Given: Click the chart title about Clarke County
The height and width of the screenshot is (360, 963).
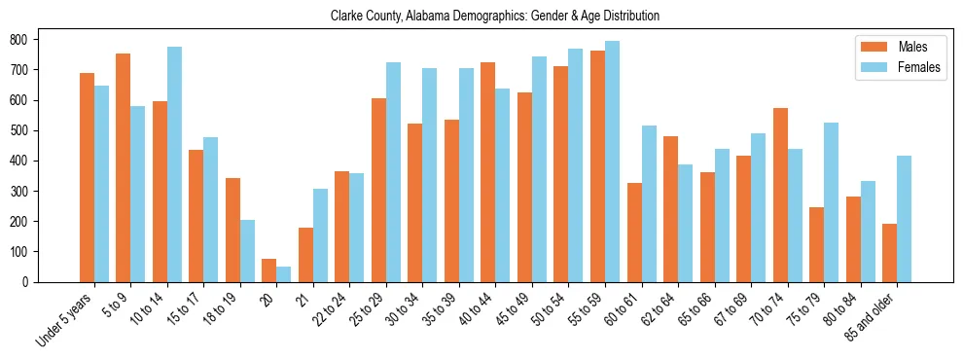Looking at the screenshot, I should point(494,17).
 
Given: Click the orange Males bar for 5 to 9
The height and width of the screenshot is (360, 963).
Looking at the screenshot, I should point(124,167).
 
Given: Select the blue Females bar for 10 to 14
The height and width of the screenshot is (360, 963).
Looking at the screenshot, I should point(174,164).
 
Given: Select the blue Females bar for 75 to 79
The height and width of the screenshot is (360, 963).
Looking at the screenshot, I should point(831,202).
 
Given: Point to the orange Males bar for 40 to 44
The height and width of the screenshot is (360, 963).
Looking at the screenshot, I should point(488,172).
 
